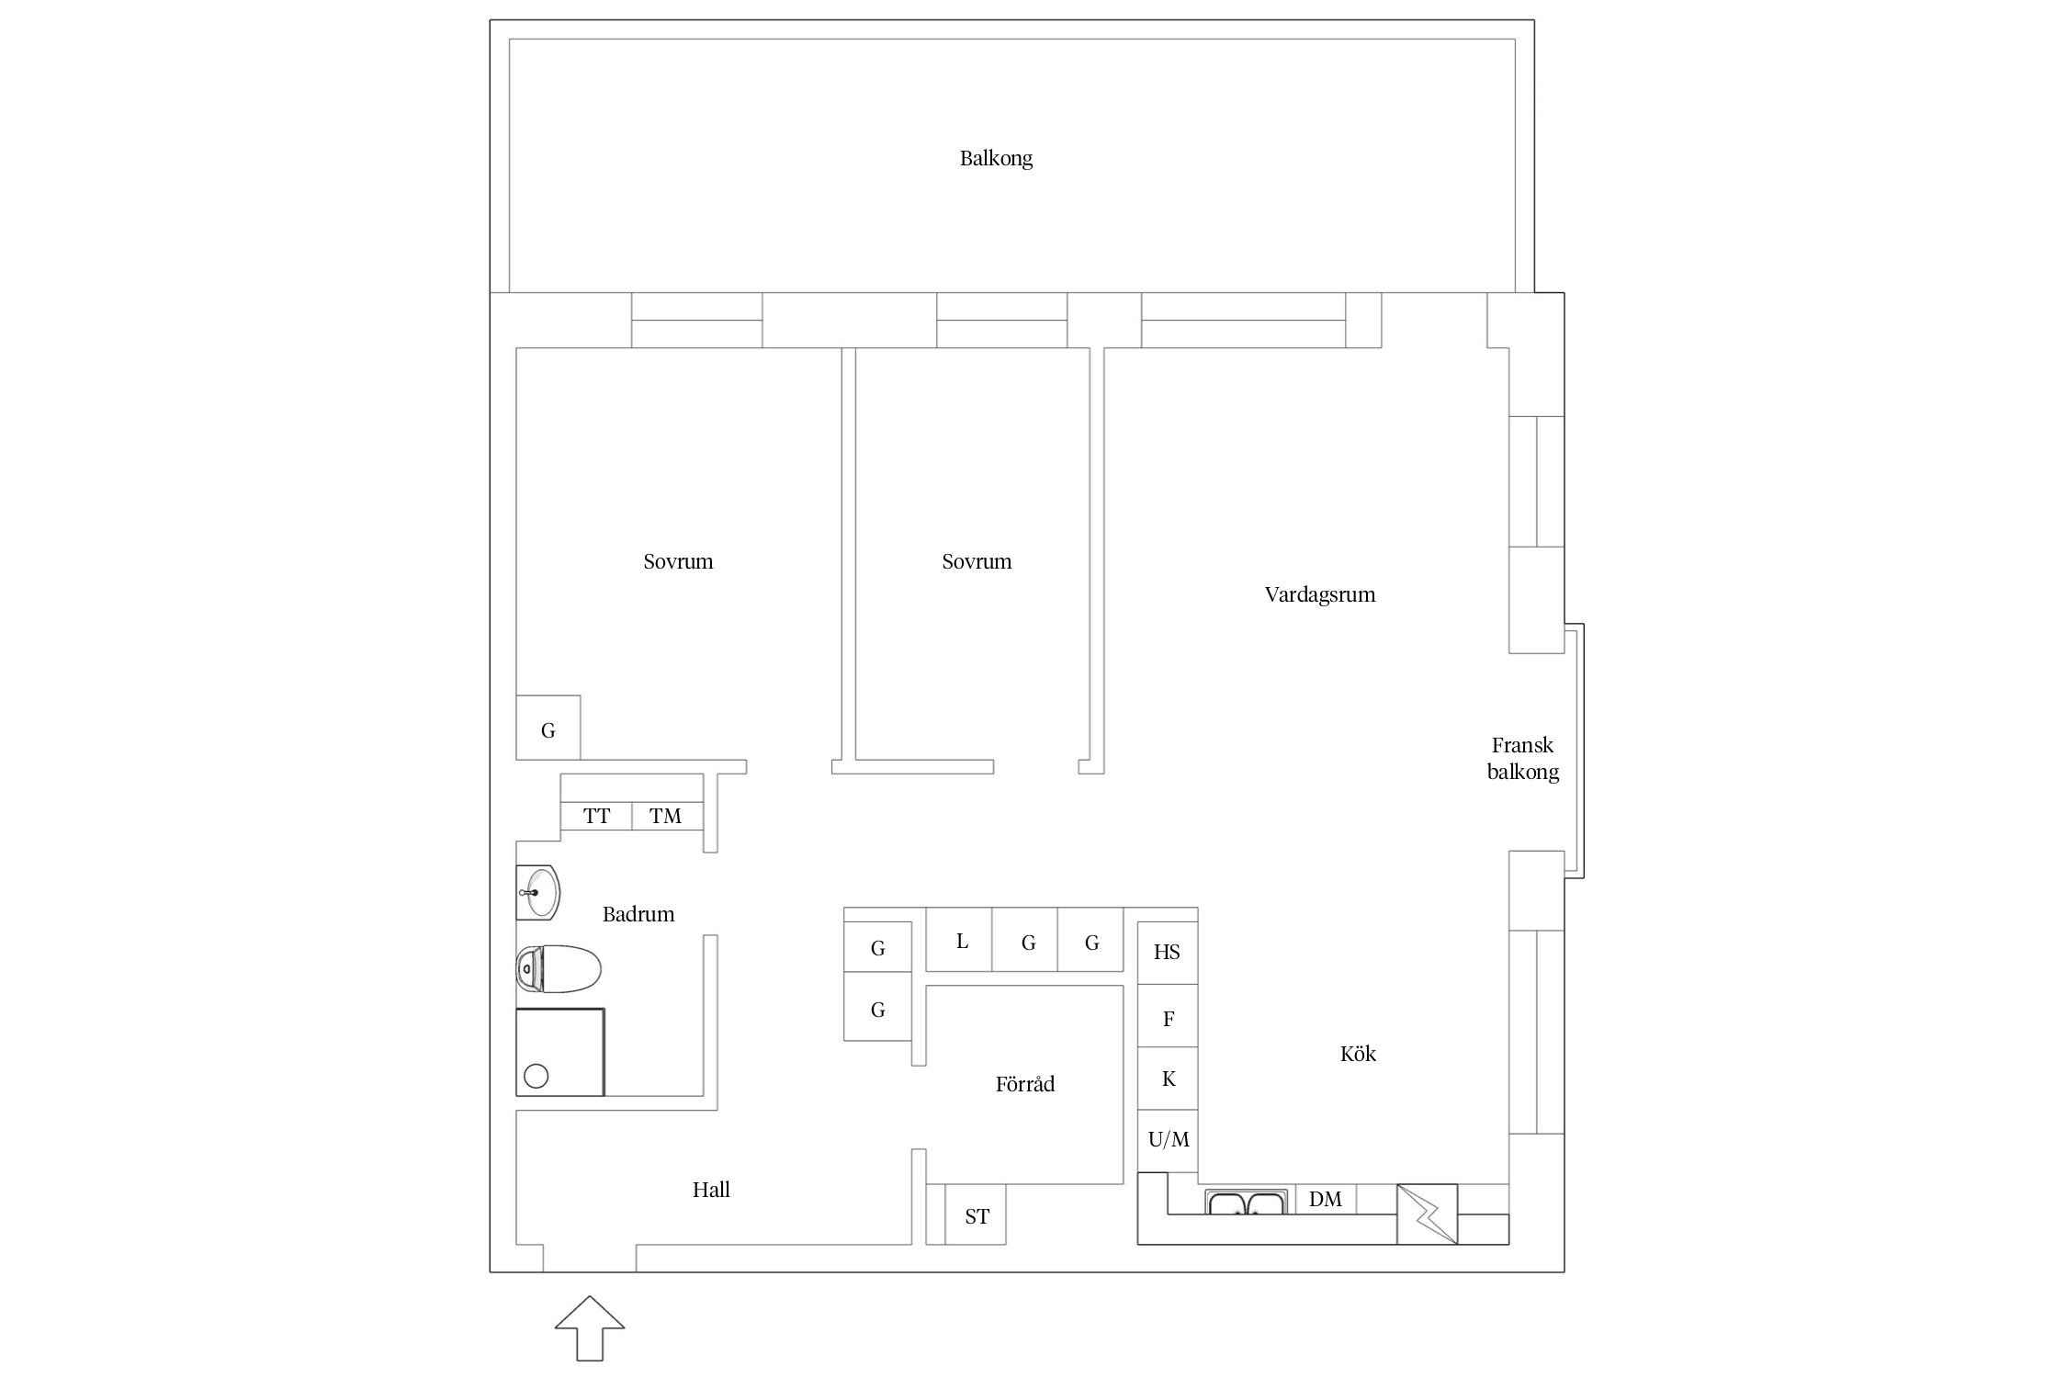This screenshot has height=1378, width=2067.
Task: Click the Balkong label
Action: point(996,159)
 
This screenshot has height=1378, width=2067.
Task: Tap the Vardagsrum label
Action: point(1319,594)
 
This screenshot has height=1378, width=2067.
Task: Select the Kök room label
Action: point(1358,1053)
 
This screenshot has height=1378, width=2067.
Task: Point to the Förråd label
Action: point(1024,1084)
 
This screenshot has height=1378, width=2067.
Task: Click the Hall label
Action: point(711,1190)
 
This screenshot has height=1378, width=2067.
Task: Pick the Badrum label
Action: point(638,914)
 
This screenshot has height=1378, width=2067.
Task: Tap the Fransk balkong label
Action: point(1523,758)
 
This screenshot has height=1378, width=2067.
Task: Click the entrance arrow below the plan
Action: point(590,1327)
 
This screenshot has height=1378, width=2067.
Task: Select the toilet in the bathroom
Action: point(559,969)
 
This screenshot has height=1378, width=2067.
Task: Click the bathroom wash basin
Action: point(538,892)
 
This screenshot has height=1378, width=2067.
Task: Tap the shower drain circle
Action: point(536,1076)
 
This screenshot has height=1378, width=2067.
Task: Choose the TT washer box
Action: point(596,816)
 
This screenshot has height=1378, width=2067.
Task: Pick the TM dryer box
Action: point(667,816)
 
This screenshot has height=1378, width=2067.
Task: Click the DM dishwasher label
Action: point(1326,1199)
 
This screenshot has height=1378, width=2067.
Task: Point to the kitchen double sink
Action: point(1247,1203)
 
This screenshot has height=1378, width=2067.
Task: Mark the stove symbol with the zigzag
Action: point(1427,1214)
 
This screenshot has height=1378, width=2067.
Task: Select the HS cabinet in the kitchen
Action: point(1168,953)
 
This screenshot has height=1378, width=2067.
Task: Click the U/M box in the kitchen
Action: point(1168,1141)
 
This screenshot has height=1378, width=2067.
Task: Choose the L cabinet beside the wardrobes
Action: point(959,939)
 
